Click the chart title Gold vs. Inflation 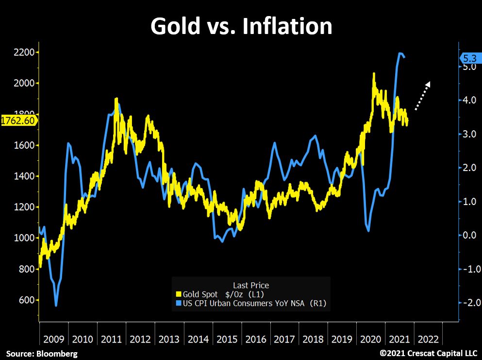(x=241, y=26)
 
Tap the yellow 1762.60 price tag (x=18, y=120)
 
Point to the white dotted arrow (x=422, y=96)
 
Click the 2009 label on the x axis (x=53, y=339)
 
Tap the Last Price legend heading (x=251, y=285)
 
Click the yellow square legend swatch (x=178, y=294)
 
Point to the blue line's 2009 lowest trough (x=56, y=306)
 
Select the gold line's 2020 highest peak (x=374, y=74)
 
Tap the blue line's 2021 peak (x=400, y=53)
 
